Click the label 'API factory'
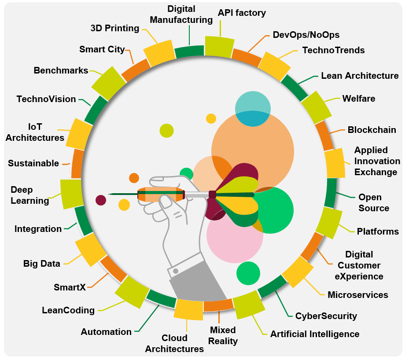(242, 13)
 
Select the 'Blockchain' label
(372, 130)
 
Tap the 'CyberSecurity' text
(326, 316)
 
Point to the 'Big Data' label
(41, 264)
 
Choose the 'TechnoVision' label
(46, 99)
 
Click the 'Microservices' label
(357, 295)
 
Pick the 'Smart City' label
(102, 49)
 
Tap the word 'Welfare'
(359, 99)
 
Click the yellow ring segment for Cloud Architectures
(188, 309)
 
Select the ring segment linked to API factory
(219, 46)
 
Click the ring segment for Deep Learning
(71, 194)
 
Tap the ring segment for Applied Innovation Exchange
(335, 163)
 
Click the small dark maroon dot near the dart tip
(101, 200)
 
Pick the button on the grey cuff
(176, 271)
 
